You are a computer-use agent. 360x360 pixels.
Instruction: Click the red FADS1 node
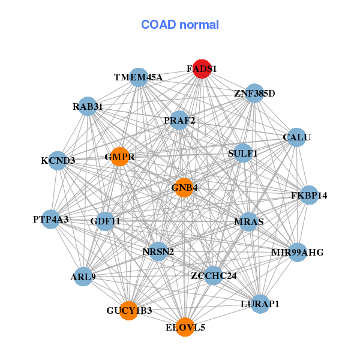click(x=202, y=69)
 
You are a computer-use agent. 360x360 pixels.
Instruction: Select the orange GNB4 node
click(x=184, y=188)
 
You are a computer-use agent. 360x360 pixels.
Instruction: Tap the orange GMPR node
click(x=119, y=157)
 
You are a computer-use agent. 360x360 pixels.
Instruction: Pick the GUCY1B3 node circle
click(x=129, y=311)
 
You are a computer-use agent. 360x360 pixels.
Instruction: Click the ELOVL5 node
click(x=185, y=327)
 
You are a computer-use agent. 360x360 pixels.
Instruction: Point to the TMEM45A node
click(x=139, y=77)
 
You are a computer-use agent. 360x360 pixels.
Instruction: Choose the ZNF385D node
click(x=254, y=94)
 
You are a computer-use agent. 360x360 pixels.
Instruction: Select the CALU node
click(x=297, y=137)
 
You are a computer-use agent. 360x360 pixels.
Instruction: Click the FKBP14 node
click(x=309, y=195)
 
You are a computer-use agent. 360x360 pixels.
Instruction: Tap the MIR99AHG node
click(x=298, y=253)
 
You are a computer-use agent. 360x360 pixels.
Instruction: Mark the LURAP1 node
click(x=260, y=304)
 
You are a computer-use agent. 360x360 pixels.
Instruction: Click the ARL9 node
click(x=83, y=277)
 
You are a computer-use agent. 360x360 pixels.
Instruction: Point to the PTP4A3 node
click(x=51, y=219)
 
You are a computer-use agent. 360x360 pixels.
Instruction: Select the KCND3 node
click(x=58, y=161)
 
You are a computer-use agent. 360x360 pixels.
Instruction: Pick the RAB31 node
click(x=88, y=106)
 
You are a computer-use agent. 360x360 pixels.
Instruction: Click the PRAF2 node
click(x=179, y=121)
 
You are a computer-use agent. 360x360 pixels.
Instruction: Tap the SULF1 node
click(x=242, y=153)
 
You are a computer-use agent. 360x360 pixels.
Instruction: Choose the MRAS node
click(x=249, y=222)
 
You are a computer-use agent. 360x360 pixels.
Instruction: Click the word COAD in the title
click(x=158, y=25)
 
